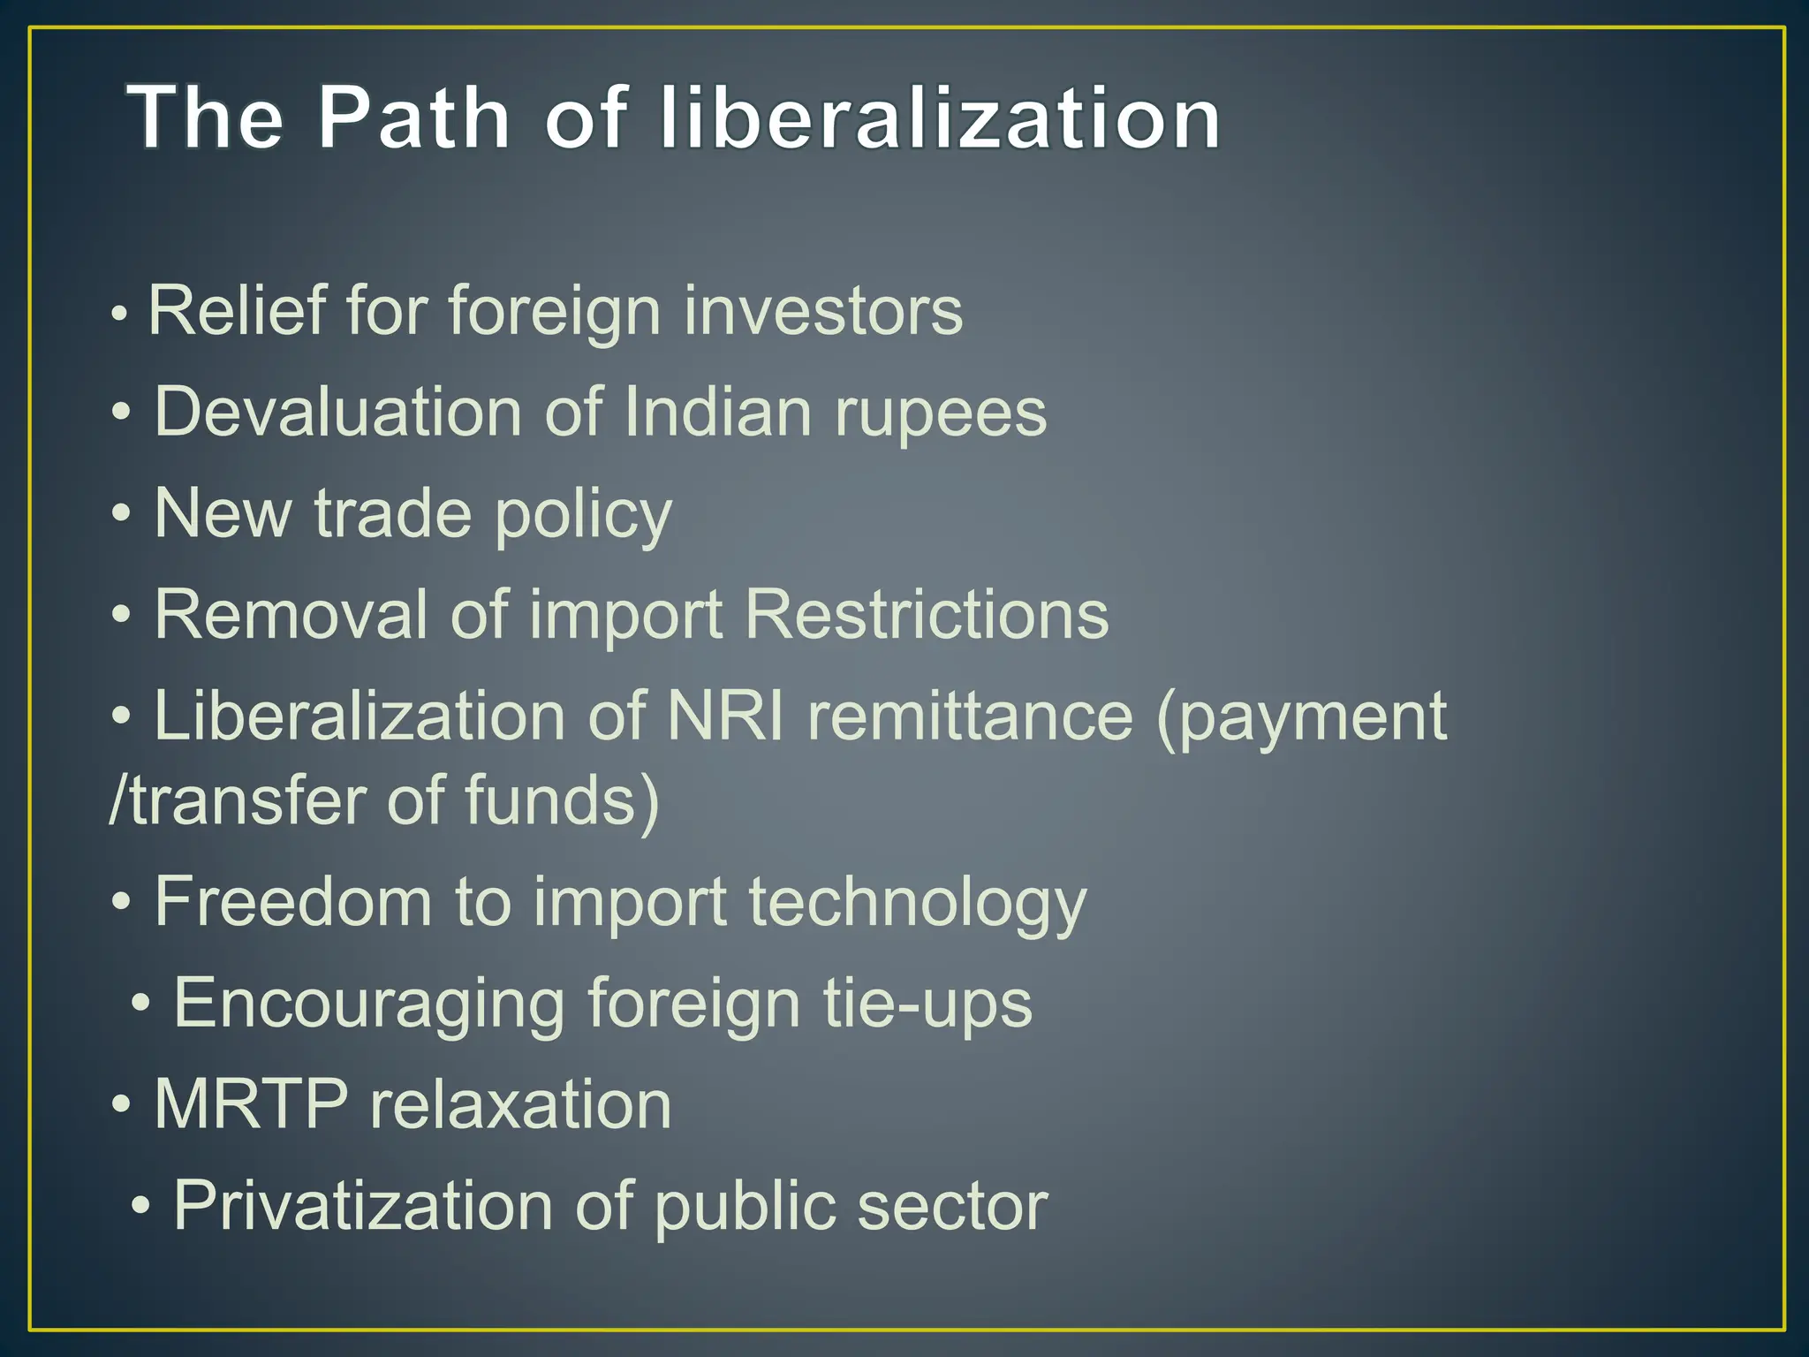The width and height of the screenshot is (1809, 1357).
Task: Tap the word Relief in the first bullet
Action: [236, 311]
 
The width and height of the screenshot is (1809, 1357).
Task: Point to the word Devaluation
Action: [338, 413]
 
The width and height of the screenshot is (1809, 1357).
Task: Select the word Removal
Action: [291, 615]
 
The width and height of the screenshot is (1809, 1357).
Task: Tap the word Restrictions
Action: [927, 615]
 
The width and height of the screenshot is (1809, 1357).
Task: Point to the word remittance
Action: [970, 716]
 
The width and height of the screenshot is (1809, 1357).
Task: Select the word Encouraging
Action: [369, 1004]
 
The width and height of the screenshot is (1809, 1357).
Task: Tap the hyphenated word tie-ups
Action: [927, 1004]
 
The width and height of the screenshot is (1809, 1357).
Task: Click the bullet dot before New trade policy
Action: [122, 514]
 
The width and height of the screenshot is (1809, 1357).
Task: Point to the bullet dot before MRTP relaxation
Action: [122, 1104]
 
